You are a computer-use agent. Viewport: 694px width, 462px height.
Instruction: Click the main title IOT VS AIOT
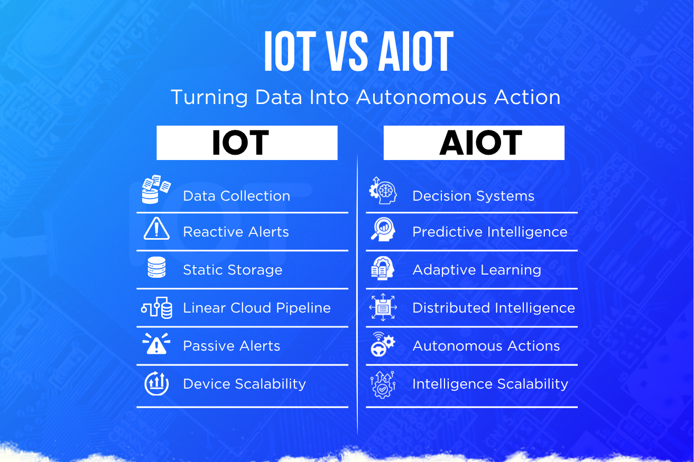[359, 51]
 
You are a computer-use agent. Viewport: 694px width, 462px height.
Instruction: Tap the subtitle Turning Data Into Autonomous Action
[366, 97]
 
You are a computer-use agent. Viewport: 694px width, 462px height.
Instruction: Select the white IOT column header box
[247, 143]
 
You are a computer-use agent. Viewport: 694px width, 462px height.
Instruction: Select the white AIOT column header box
[474, 143]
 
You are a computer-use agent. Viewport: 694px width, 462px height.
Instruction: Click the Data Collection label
[236, 196]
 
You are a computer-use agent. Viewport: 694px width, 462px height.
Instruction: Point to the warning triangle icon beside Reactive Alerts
[156, 229]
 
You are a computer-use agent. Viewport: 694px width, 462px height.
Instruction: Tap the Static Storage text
[233, 270]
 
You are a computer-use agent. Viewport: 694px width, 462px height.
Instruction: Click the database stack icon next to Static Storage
[156, 267]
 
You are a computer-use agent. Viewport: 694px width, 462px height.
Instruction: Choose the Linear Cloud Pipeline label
[257, 308]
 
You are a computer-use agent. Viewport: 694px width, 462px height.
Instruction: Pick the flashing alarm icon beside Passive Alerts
[156, 344]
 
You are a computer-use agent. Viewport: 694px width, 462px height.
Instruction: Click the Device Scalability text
[244, 384]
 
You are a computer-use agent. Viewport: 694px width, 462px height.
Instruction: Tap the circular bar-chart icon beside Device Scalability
[156, 383]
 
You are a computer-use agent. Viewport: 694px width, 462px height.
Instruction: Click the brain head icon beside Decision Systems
[383, 190]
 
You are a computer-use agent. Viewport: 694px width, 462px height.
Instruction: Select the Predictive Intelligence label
[490, 232]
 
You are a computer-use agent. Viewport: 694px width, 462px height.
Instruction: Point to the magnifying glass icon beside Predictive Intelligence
[383, 229]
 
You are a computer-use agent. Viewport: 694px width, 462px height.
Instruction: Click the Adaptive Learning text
[477, 270]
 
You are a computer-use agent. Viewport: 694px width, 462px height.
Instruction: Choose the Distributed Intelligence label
[494, 308]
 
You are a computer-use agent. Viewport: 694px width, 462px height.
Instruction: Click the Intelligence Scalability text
[490, 384]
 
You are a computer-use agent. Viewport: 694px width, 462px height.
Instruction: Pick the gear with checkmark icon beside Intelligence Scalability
[383, 385]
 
